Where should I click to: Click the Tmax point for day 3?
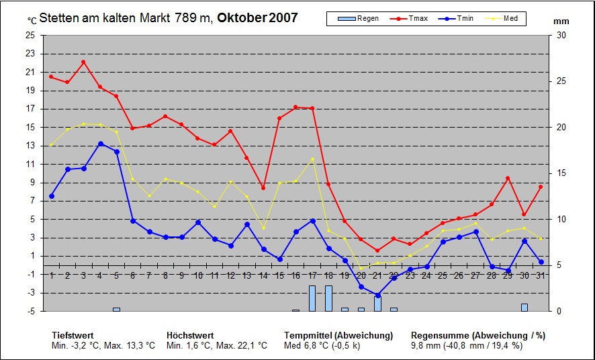click(x=83, y=62)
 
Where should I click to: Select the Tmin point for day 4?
click(x=100, y=144)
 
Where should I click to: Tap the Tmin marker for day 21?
click(x=377, y=296)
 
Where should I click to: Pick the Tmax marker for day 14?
click(x=263, y=187)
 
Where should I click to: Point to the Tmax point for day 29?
click(x=508, y=178)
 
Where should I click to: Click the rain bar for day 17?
click(x=312, y=298)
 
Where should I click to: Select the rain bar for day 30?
click(x=524, y=308)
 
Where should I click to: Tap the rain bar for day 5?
click(x=116, y=309)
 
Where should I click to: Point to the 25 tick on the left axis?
click(x=30, y=35)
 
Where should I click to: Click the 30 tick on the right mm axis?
click(x=561, y=35)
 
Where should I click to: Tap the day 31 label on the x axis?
click(x=541, y=275)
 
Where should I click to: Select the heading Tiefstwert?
click(x=73, y=335)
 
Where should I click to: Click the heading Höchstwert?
click(x=190, y=335)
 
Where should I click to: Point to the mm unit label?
click(x=561, y=21)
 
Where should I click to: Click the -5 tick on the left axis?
click(x=30, y=311)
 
